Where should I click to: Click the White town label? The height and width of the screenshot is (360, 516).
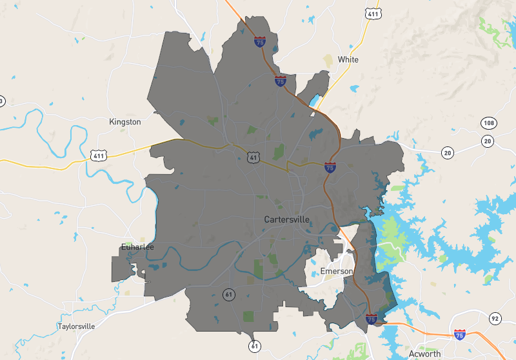(x=348, y=59)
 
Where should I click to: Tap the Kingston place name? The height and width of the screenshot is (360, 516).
(x=125, y=121)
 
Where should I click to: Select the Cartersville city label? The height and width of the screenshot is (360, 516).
(x=286, y=219)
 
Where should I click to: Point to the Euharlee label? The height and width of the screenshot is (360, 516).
(x=137, y=246)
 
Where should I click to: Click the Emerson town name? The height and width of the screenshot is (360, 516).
(x=337, y=271)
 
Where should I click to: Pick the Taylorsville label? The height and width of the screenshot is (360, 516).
(x=76, y=326)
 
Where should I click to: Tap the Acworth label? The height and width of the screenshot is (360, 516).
(x=424, y=354)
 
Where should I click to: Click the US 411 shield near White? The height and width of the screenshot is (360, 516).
(x=372, y=12)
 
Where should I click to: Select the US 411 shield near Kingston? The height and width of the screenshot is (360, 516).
(x=98, y=155)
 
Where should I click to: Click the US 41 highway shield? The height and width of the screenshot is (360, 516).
(x=253, y=155)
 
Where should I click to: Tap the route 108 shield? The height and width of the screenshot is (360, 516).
(x=488, y=123)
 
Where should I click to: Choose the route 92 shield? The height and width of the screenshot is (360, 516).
(x=495, y=318)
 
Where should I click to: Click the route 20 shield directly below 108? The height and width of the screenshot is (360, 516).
(x=487, y=141)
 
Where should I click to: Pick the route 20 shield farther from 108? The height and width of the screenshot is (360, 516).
(x=448, y=153)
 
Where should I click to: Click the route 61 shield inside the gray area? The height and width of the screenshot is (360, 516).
(x=229, y=294)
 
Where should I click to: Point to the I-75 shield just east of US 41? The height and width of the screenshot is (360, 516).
(x=330, y=168)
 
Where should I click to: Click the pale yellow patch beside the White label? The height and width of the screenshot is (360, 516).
(x=328, y=60)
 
